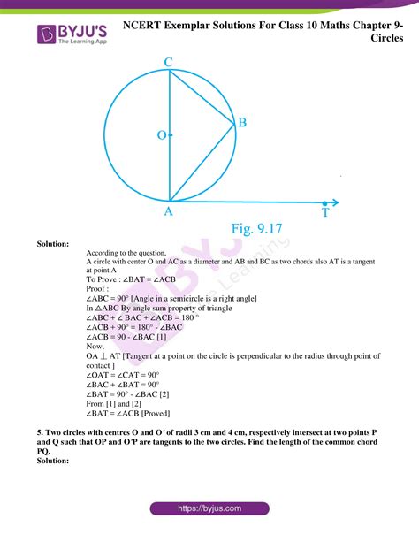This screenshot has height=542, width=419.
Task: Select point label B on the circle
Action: [241, 124]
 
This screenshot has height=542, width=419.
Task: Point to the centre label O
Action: [161, 136]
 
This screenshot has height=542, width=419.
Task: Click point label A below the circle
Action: [169, 212]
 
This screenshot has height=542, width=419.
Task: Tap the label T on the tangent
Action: [325, 213]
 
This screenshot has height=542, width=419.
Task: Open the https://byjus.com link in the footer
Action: [209, 509]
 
